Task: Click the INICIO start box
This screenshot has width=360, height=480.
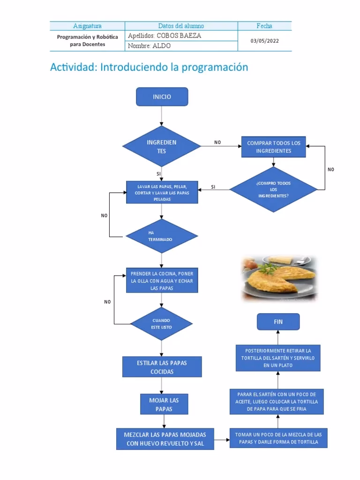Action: coord(162,97)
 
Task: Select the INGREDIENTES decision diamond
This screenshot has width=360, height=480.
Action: coord(162,147)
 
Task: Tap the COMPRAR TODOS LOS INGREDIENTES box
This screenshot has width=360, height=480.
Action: coord(274,147)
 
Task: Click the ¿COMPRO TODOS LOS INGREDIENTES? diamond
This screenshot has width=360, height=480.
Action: coord(274,189)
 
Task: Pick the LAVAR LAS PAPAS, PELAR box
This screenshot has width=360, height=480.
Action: coord(162,192)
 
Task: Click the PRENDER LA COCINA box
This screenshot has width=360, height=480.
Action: coord(162,281)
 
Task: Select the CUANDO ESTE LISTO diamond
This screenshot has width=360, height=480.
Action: coord(162,323)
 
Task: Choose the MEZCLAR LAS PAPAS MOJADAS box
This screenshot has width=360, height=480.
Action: coord(165,439)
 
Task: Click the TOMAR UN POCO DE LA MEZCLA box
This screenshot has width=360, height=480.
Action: coord(278,438)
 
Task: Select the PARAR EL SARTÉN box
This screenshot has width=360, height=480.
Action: coord(277,401)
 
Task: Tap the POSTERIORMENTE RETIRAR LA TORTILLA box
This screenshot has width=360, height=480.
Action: coord(278,358)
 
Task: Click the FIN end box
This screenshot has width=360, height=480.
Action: coord(278,322)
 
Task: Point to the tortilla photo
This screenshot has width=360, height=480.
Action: coord(279,278)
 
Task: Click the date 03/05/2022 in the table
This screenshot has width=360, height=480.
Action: coord(264,41)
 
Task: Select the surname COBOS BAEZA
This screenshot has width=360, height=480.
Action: coord(165,36)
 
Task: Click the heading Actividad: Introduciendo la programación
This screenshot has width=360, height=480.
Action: coord(149,67)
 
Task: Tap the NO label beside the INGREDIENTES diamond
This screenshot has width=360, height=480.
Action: coord(217,142)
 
